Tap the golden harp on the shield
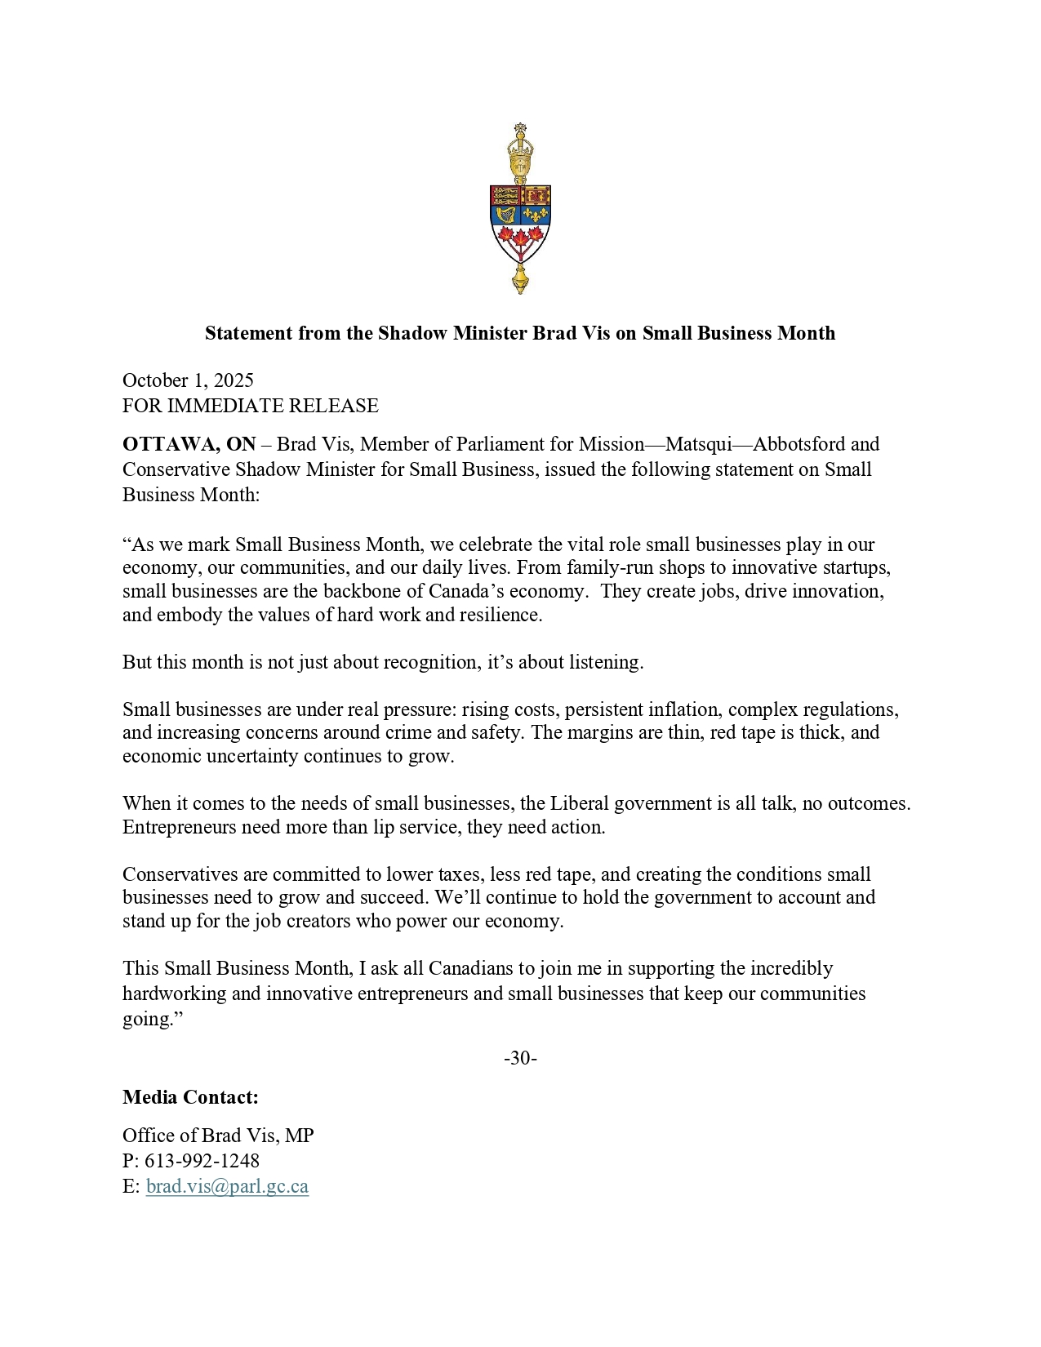click(x=506, y=215)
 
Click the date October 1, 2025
click(x=188, y=380)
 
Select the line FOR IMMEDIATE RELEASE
click(x=250, y=406)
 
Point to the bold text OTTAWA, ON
click(x=189, y=444)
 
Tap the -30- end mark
click(x=520, y=1059)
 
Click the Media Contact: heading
click(x=190, y=1097)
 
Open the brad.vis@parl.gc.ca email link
click(x=227, y=1186)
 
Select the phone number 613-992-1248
click(x=202, y=1161)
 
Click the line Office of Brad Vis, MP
click(x=218, y=1136)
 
